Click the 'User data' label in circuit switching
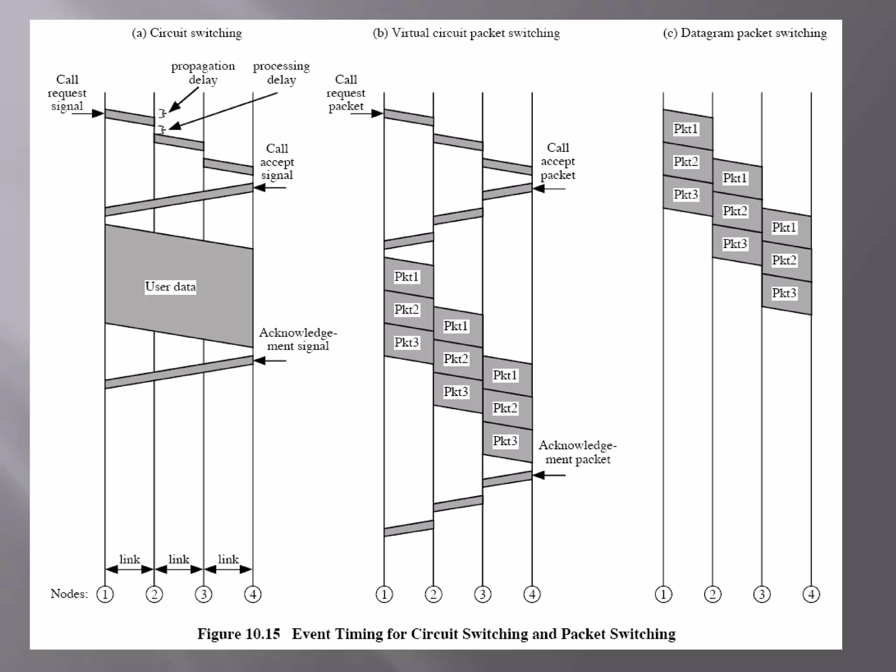point(170,287)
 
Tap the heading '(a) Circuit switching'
point(187,33)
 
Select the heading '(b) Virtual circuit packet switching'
point(466,33)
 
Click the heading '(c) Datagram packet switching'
point(745,33)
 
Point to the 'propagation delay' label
point(203,73)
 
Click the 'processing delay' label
point(281,73)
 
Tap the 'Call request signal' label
point(67,93)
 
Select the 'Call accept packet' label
point(558,161)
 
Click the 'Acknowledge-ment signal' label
point(298,339)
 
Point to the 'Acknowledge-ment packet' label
point(577,452)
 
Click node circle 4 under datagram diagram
point(811,594)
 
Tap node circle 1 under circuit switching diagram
point(105,594)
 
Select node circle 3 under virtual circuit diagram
point(483,594)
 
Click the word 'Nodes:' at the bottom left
point(69,594)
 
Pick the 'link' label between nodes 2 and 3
point(178,560)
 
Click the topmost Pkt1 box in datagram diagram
point(686,129)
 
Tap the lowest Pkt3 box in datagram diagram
point(784,293)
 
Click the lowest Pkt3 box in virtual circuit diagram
point(505,441)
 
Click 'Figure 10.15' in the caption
point(238,634)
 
